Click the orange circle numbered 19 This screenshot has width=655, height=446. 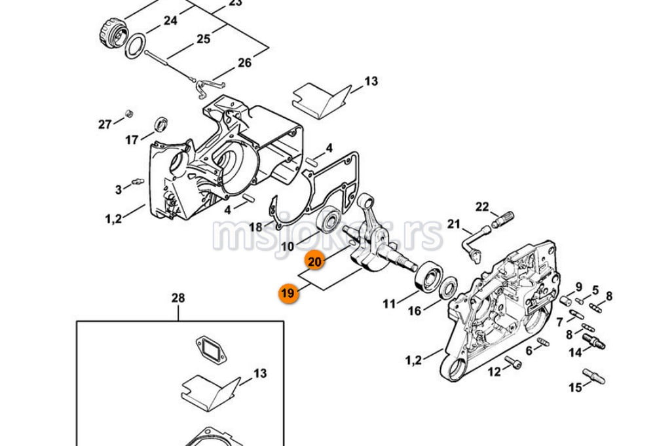click(x=288, y=293)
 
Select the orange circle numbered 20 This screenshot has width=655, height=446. click(x=315, y=261)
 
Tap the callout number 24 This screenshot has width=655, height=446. click(x=170, y=20)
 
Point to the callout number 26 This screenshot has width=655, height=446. click(x=244, y=63)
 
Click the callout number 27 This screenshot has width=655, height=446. click(x=105, y=124)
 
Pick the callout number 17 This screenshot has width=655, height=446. click(x=132, y=139)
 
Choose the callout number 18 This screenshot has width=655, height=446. click(x=255, y=227)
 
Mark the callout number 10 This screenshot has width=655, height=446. click(x=288, y=246)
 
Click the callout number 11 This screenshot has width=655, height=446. click(x=389, y=303)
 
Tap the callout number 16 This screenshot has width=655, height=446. click(x=415, y=311)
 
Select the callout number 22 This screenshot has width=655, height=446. click(x=482, y=208)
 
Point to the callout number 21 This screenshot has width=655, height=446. click(x=454, y=225)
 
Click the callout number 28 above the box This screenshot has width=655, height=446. click(x=178, y=299)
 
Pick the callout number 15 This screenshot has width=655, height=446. click(x=575, y=388)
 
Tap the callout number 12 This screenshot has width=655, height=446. click(x=493, y=372)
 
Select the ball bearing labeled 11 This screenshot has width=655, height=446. click(x=426, y=276)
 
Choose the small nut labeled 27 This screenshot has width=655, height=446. click(x=129, y=112)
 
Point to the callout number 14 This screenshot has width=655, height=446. click(x=575, y=352)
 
